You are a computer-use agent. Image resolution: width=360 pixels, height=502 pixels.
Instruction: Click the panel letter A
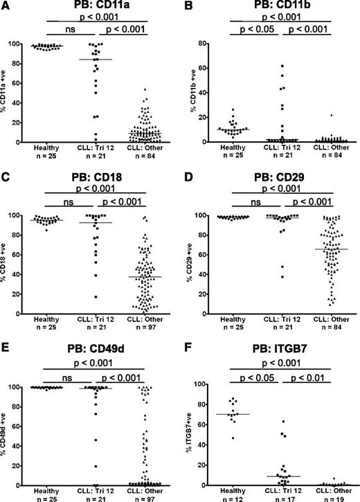click(6, 7)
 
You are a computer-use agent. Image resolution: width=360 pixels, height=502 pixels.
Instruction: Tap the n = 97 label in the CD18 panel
click(150, 319)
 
